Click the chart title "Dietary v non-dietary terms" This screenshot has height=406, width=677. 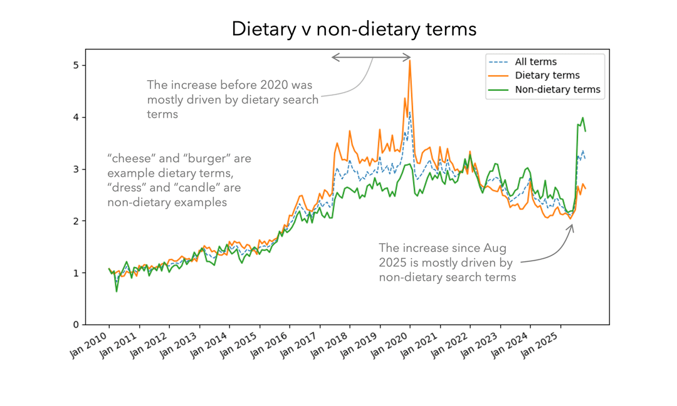pos(354,29)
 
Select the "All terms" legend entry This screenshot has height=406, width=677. pos(535,61)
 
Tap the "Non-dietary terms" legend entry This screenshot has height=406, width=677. pos(557,90)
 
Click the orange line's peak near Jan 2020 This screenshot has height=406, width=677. pos(410,61)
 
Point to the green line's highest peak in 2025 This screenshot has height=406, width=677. pos(582,118)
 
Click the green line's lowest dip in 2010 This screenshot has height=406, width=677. pos(116,291)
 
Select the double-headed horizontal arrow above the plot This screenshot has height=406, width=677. pos(371,58)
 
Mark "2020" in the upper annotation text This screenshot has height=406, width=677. pos(298,85)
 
